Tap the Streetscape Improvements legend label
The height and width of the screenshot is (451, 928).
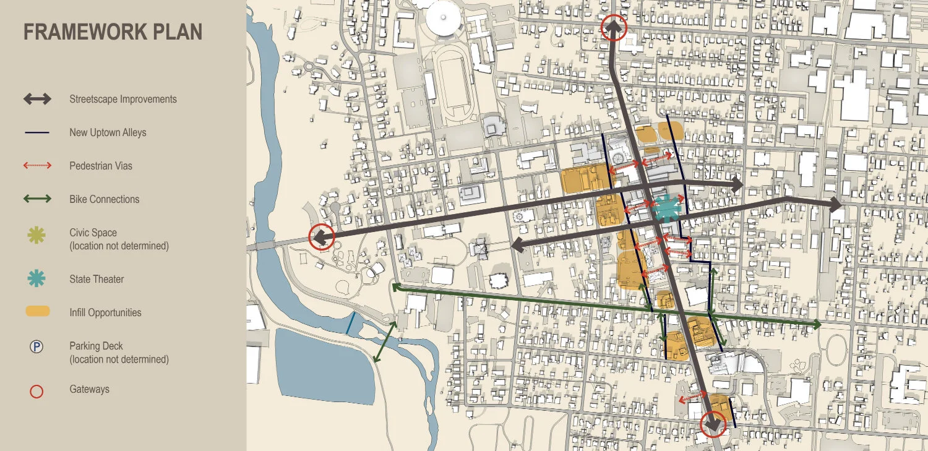[123, 99]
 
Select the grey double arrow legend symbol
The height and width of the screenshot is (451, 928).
[37, 99]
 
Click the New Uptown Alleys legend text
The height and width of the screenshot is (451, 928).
[108, 132]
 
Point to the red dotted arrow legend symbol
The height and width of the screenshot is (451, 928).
[37, 166]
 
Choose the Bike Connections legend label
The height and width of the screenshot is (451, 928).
[104, 199]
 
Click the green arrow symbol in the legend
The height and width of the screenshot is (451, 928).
[37, 199]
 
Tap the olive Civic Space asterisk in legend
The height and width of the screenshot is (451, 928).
[37, 235]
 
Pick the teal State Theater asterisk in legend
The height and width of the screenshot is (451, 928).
[37, 279]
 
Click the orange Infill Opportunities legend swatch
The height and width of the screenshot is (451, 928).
[37, 312]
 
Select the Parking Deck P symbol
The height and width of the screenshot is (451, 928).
[37, 347]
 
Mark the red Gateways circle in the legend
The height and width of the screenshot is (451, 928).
[37, 391]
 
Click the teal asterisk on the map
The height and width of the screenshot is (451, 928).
[666, 208]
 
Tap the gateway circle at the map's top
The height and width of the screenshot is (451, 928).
[614, 27]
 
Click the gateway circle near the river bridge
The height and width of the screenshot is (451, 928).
[321, 236]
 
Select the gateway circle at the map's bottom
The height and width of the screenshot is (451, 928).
[713, 425]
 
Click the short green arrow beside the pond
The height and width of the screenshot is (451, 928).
[385, 341]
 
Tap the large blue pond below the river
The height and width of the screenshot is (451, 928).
[325, 365]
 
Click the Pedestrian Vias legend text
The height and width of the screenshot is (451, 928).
[101, 166]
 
